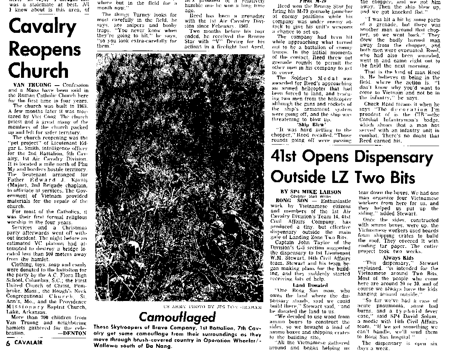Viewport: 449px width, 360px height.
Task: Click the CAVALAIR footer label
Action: (28, 342)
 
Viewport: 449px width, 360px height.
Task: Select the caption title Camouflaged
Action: (177, 317)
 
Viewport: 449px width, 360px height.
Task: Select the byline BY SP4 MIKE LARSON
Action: (311, 192)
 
